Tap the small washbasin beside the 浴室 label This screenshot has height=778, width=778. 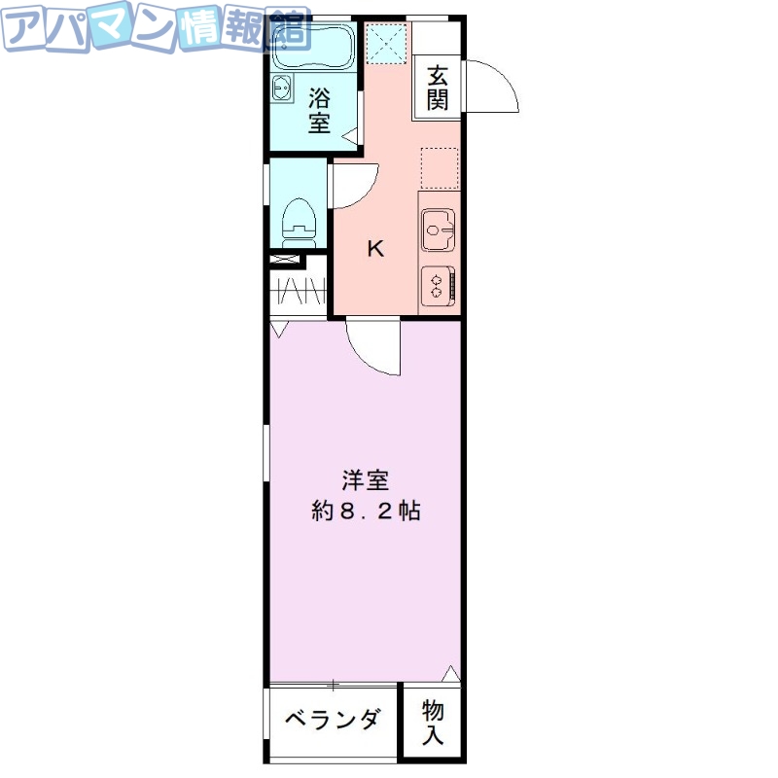(x=283, y=88)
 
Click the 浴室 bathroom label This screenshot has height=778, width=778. (x=319, y=110)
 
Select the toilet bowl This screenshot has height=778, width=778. (x=298, y=220)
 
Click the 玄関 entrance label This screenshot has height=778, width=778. (x=437, y=87)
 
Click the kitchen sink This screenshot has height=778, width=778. (x=438, y=230)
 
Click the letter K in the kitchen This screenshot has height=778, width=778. (x=374, y=249)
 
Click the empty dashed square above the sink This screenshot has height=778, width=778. (x=439, y=167)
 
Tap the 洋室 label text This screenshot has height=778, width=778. (x=365, y=480)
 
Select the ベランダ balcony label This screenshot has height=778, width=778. (x=332, y=721)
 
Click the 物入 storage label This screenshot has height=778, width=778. (x=432, y=723)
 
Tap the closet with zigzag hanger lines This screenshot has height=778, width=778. (x=297, y=292)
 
